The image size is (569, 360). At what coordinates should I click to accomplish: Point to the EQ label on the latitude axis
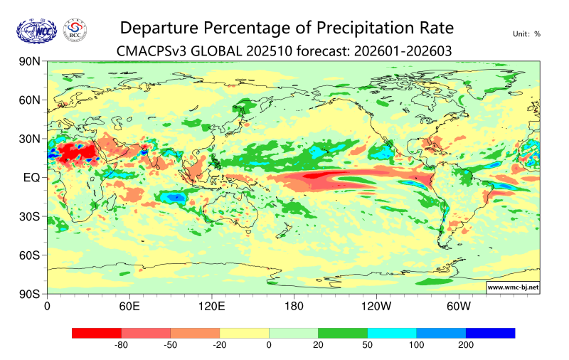tap(31, 177)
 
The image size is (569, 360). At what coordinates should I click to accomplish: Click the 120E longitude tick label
tap(211, 307)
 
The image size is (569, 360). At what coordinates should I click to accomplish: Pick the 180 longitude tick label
tap(294, 307)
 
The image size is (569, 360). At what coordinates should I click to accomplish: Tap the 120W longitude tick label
tap(376, 307)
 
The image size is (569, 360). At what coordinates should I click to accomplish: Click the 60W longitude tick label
tap(459, 307)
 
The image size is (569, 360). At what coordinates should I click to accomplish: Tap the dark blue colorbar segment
tap(490, 333)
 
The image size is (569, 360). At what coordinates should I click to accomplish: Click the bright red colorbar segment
tap(97, 333)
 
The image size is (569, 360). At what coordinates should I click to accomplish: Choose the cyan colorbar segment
tap(392, 333)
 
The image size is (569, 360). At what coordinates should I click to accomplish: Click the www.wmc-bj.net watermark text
tap(513, 287)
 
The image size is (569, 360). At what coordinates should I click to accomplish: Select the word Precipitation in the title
tap(353, 28)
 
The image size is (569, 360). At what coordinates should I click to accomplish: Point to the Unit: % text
tap(526, 33)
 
